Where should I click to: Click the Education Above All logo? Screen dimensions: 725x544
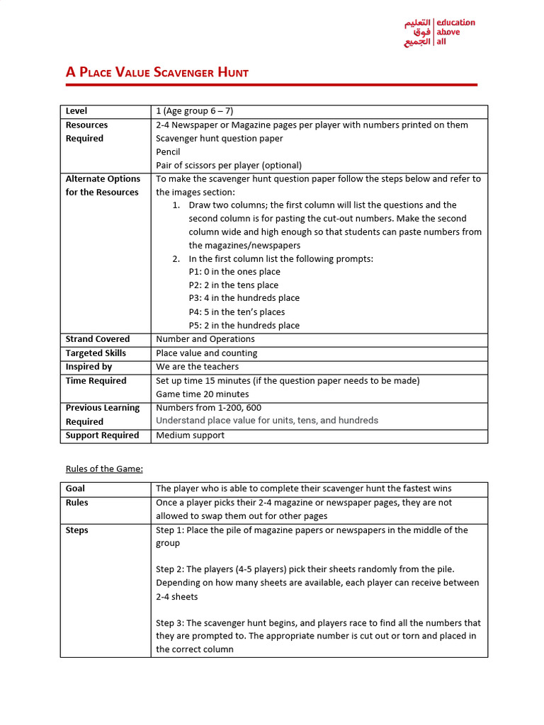(x=439, y=33)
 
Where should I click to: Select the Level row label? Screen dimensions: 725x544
(x=76, y=111)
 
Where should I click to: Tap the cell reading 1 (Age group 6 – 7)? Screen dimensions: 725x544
(x=195, y=111)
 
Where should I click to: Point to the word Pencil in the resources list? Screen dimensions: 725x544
(x=168, y=152)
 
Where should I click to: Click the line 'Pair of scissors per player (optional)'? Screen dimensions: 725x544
(x=229, y=165)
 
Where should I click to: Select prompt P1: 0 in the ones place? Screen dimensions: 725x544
(x=234, y=272)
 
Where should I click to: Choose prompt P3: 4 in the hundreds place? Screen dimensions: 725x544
(x=244, y=298)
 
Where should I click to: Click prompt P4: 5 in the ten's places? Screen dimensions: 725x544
(x=237, y=312)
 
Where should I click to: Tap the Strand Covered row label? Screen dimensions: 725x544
(x=98, y=339)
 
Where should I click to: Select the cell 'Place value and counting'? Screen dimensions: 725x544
(x=207, y=353)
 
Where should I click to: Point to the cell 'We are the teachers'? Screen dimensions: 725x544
(x=197, y=367)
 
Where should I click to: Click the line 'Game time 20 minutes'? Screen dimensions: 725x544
(x=203, y=394)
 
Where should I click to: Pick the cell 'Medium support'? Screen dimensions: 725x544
(x=190, y=435)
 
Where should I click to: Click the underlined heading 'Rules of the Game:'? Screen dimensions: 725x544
(x=104, y=469)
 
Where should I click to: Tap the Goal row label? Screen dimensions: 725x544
(x=76, y=489)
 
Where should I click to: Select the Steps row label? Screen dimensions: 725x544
(x=77, y=530)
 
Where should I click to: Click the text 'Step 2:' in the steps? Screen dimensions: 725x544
(x=171, y=569)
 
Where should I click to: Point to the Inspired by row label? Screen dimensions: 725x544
(x=89, y=367)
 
